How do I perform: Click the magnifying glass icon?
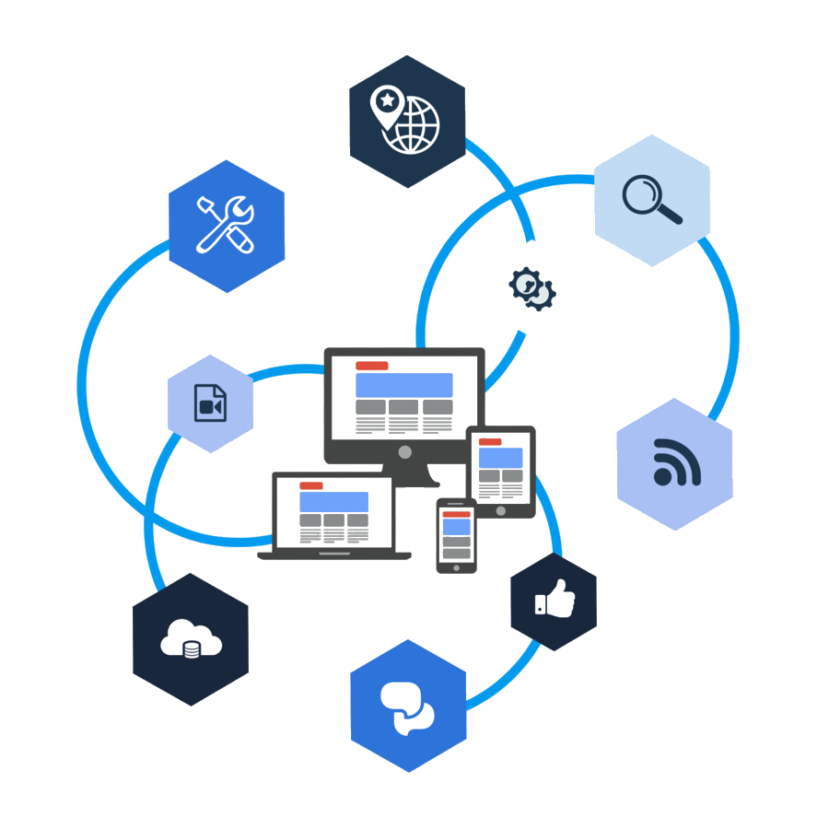pyautogui.click(x=652, y=200)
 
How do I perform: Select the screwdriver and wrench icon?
pyautogui.click(x=227, y=225)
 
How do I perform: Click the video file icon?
pyautogui.click(x=210, y=403)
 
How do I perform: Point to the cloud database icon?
pyautogui.click(x=191, y=639)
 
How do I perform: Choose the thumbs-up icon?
pyautogui.click(x=554, y=601)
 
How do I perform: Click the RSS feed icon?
pyautogui.click(x=675, y=463)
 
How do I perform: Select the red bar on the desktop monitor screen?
pyautogui.click(x=371, y=366)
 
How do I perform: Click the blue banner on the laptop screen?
pyautogui.click(x=333, y=502)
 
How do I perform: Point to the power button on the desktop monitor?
pyautogui.click(x=403, y=452)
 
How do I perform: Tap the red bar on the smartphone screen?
pyautogui.click(x=456, y=513)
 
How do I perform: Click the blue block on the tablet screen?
pyautogui.click(x=500, y=458)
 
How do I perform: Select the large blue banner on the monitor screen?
pyautogui.click(x=403, y=385)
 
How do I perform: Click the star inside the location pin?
pyautogui.click(x=387, y=99)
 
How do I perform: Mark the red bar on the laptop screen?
pyautogui.click(x=311, y=485)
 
